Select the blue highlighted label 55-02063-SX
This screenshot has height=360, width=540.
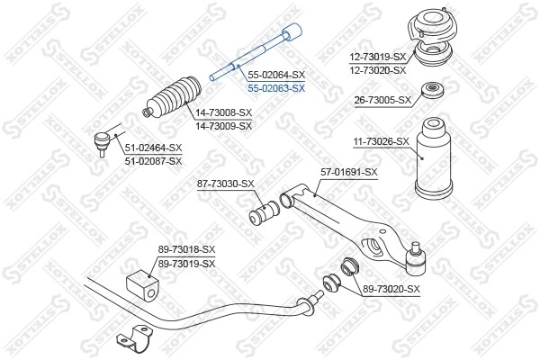[276, 88]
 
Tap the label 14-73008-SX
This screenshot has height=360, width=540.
[222, 114]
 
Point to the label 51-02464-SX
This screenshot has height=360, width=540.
[153, 148]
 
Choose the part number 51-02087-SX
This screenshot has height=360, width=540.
[153, 160]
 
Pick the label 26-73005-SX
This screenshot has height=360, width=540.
[382, 100]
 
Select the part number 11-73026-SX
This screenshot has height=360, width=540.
[381, 141]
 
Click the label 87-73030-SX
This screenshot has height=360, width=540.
[226, 184]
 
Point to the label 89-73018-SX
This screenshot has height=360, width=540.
[187, 249]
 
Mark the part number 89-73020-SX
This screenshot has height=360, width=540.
[391, 289]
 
